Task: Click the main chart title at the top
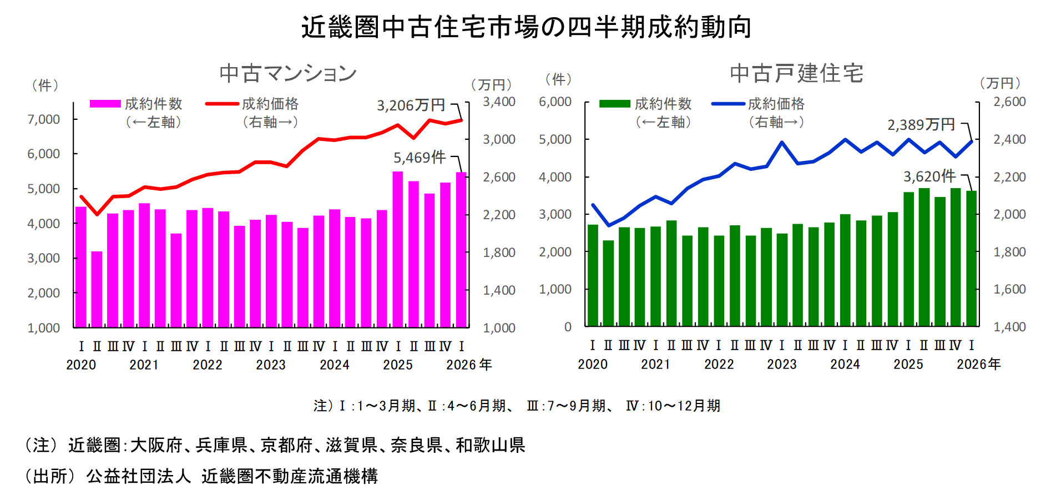point(526,27)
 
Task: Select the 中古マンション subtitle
point(287,73)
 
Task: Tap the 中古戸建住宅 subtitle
point(796,73)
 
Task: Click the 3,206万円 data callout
point(411,105)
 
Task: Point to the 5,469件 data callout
point(420,158)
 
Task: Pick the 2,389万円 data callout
point(921,125)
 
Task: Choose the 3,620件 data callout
point(929,176)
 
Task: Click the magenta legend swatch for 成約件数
point(105,104)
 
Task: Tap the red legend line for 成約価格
point(222,104)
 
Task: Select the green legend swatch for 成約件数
point(615,104)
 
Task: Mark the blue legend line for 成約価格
point(728,104)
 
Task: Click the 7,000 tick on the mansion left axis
point(44,119)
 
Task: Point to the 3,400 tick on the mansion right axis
point(499,102)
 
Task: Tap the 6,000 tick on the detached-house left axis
point(555,102)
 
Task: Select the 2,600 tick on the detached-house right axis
point(1009,102)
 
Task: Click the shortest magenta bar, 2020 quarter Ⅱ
point(97,289)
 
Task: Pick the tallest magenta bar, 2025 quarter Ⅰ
point(398,250)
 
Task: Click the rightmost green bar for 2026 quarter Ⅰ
point(971,258)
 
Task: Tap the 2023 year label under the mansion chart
point(271,365)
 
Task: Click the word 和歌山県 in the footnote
point(490,445)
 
